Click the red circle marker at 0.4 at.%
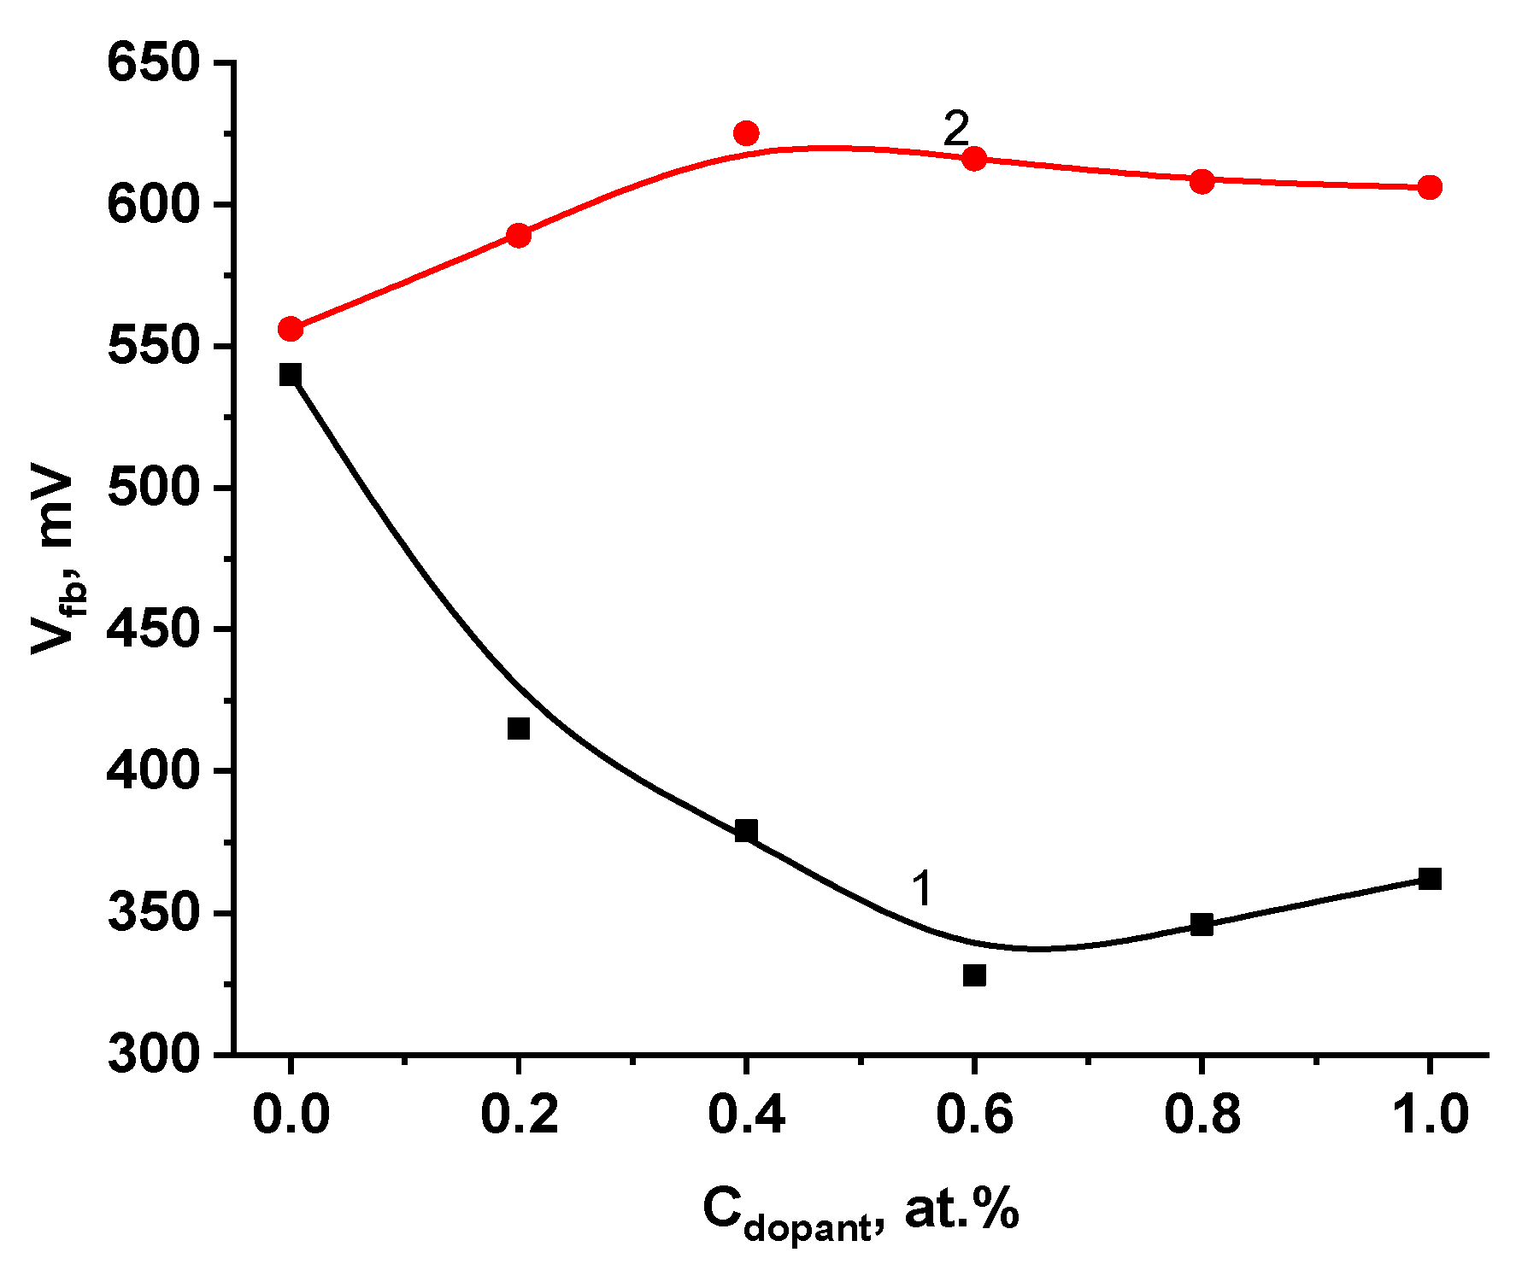click(x=746, y=133)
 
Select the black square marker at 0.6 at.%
click(x=974, y=974)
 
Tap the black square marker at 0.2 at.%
click(x=519, y=729)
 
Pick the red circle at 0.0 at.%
click(x=291, y=329)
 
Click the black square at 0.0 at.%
click(x=291, y=374)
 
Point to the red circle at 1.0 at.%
click(x=1430, y=187)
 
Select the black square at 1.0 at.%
click(x=1430, y=879)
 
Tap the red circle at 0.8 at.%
click(x=1202, y=181)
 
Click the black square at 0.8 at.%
click(x=1202, y=924)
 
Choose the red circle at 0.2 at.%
click(x=519, y=235)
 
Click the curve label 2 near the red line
click(x=956, y=129)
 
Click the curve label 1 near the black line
click(x=921, y=888)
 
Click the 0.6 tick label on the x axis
click(x=974, y=1115)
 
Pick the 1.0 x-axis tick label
click(x=1430, y=1115)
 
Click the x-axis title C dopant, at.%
click(x=860, y=1211)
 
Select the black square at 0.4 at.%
click(x=746, y=830)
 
